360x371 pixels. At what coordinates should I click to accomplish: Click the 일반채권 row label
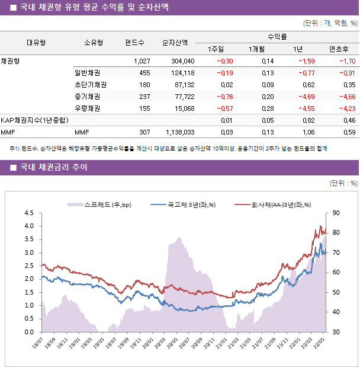87,73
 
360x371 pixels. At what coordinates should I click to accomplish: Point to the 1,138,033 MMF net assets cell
177,132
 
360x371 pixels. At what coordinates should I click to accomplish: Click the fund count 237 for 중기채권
144,97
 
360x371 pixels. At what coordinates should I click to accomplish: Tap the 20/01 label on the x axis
147,345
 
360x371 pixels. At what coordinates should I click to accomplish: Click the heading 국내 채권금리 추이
53,168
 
